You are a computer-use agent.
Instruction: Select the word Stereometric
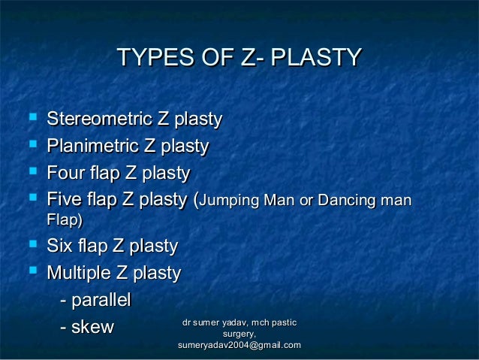tap(99, 119)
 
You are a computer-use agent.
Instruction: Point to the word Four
tap(65, 174)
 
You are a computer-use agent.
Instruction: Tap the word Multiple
tap(80, 272)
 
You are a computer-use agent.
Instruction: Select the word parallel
tap(101, 300)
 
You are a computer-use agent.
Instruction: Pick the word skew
tap(91, 327)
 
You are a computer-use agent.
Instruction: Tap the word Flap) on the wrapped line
tap(65, 221)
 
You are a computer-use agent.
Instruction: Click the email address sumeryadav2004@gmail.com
tap(239, 345)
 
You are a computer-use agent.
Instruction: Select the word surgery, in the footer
tap(239, 334)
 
